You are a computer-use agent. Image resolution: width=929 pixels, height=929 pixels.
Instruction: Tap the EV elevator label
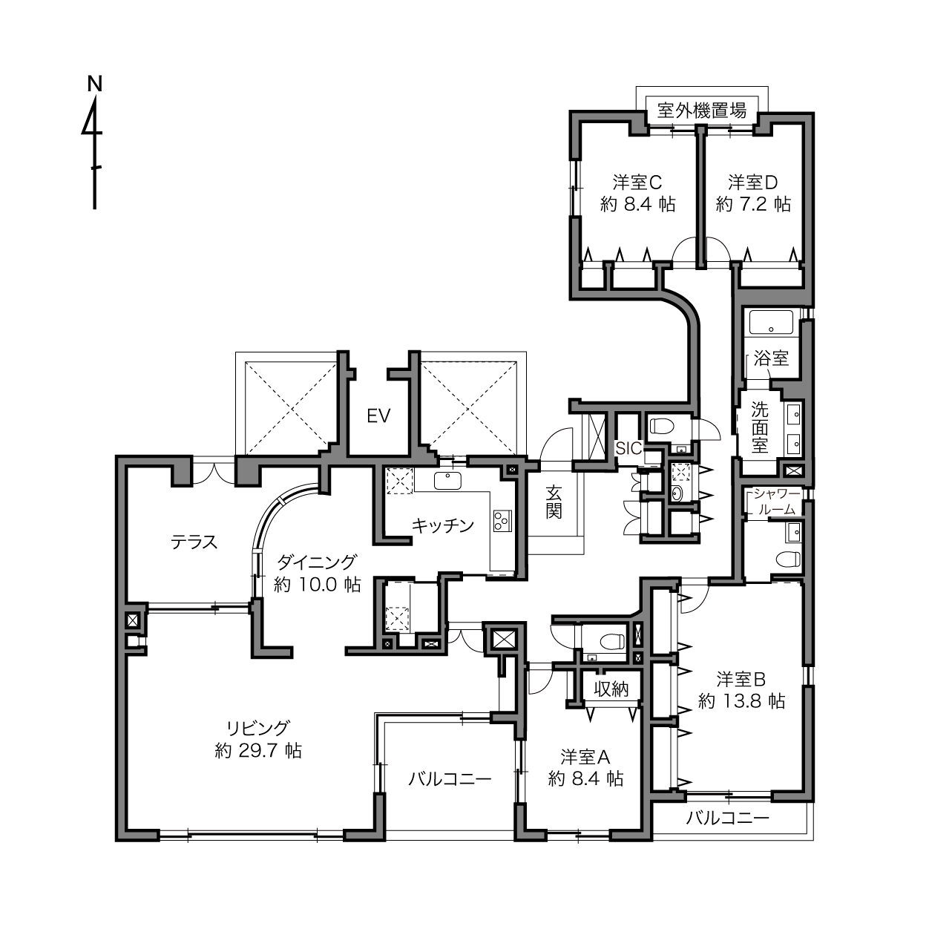(x=378, y=416)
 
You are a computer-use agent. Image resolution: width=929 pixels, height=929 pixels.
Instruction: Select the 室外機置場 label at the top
(x=701, y=111)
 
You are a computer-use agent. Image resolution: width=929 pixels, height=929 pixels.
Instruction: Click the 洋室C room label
(x=637, y=183)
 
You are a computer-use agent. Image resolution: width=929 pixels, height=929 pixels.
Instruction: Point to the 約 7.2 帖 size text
(x=753, y=204)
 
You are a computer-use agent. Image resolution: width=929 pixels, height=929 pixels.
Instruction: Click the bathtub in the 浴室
(x=771, y=322)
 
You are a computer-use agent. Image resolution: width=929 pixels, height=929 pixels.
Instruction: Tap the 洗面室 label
(x=759, y=427)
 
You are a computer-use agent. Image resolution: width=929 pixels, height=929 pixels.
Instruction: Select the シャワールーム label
(x=777, y=502)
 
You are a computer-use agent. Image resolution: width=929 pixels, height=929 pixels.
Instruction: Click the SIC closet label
(x=628, y=448)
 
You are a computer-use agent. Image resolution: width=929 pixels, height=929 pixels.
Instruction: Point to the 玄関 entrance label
(x=554, y=502)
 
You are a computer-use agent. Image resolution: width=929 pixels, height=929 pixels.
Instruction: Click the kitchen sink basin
(x=447, y=481)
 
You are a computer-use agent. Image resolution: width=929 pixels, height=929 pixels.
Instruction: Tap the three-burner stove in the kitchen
(x=502, y=520)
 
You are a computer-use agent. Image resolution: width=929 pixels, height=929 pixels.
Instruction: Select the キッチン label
(x=442, y=525)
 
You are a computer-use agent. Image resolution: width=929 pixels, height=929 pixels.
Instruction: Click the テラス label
(x=194, y=542)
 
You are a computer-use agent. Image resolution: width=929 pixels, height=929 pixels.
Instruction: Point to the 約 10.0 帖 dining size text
(x=318, y=585)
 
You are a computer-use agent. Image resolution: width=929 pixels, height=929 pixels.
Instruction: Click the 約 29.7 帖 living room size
(x=258, y=751)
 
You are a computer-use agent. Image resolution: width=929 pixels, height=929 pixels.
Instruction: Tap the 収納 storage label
(x=611, y=689)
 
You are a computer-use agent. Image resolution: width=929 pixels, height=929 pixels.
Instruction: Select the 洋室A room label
(x=585, y=758)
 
